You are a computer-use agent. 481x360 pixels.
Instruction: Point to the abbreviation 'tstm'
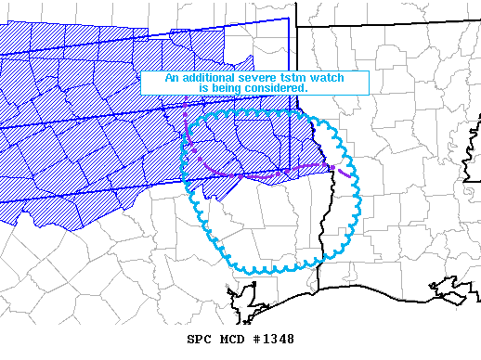pyautogui.click(x=292, y=79)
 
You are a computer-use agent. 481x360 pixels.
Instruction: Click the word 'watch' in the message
pyautogui.click(x=326, y=79)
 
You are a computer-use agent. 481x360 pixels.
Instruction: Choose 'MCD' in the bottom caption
pyautogui.click(x=231, y=340)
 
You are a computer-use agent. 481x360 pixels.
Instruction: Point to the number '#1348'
pyautogui.click(x=273, y=340)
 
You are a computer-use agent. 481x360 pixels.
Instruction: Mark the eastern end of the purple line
pyautogui.click(x=348, y=175)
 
